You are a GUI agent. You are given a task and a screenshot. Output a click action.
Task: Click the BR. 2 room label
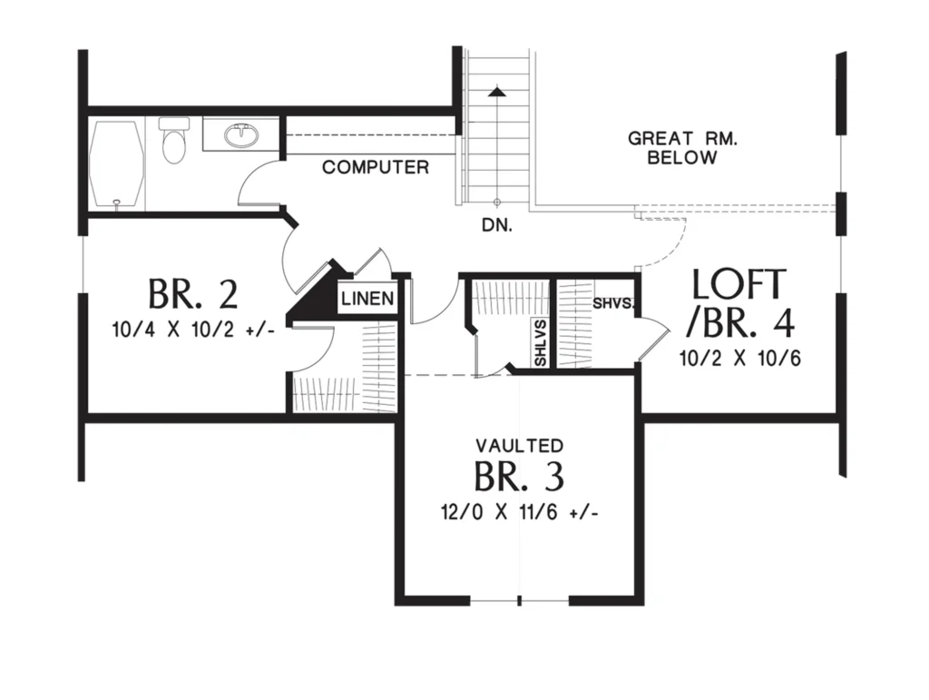pos(192,293)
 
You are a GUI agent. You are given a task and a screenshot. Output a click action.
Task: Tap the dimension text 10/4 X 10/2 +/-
pos(193,330)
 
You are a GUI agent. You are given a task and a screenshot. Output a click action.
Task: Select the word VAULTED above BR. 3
pos(520,445)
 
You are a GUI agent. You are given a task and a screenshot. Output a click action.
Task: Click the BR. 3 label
pos(519,476)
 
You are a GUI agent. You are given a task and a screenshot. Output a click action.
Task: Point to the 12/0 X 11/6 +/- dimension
pos(520,511)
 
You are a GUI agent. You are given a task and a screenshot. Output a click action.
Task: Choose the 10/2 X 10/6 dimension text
pos(740,359)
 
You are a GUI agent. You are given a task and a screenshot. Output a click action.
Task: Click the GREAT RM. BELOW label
pos(682,148)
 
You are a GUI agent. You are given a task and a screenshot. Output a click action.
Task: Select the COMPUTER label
pos(376,167)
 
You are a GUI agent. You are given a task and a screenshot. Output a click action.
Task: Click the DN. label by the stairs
pos(497,225)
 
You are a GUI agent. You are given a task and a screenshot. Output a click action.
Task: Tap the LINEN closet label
pos(367,298)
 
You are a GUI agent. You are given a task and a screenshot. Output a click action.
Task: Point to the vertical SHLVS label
pos(541,343)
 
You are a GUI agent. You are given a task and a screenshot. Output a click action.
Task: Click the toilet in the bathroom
pos(173,140)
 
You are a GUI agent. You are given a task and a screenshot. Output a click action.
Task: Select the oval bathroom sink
pos(241,135)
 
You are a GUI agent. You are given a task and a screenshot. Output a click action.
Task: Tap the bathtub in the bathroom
pos(116,164)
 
